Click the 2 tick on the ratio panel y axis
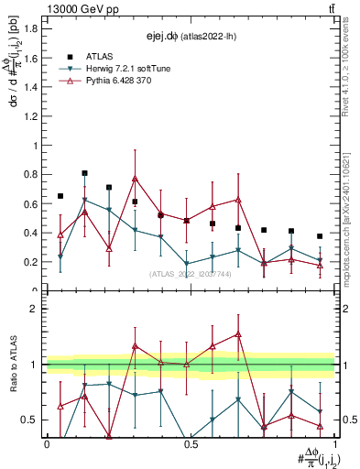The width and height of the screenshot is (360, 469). pyautogui.click(x=38, y=309)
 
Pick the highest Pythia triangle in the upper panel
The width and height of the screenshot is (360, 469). pyautogui.click(x=136, y=178)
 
